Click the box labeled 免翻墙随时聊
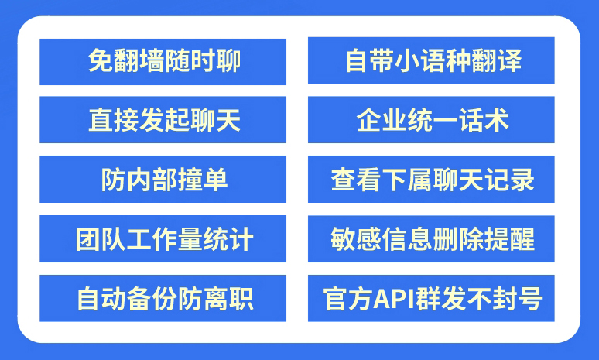[x=163, y=61]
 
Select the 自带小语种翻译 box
[x=431, y=60]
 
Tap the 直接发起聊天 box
[x=163, y=120]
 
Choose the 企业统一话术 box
[x=431, y=120]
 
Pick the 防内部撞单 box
[x=163, y=180]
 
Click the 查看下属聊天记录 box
[x=431, y=180]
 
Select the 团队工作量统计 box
[x=163, y=239]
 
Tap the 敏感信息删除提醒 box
[x=431, y=239]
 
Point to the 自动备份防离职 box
[x=163, y=298]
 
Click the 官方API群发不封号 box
[x=431, y=298]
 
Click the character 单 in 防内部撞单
[x=215, y=180]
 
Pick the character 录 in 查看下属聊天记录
[x=522, y=180]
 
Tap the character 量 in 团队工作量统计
[x=190, y=239]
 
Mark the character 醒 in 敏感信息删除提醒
[x=522, y=239]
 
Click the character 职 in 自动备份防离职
[x=241, y=299]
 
